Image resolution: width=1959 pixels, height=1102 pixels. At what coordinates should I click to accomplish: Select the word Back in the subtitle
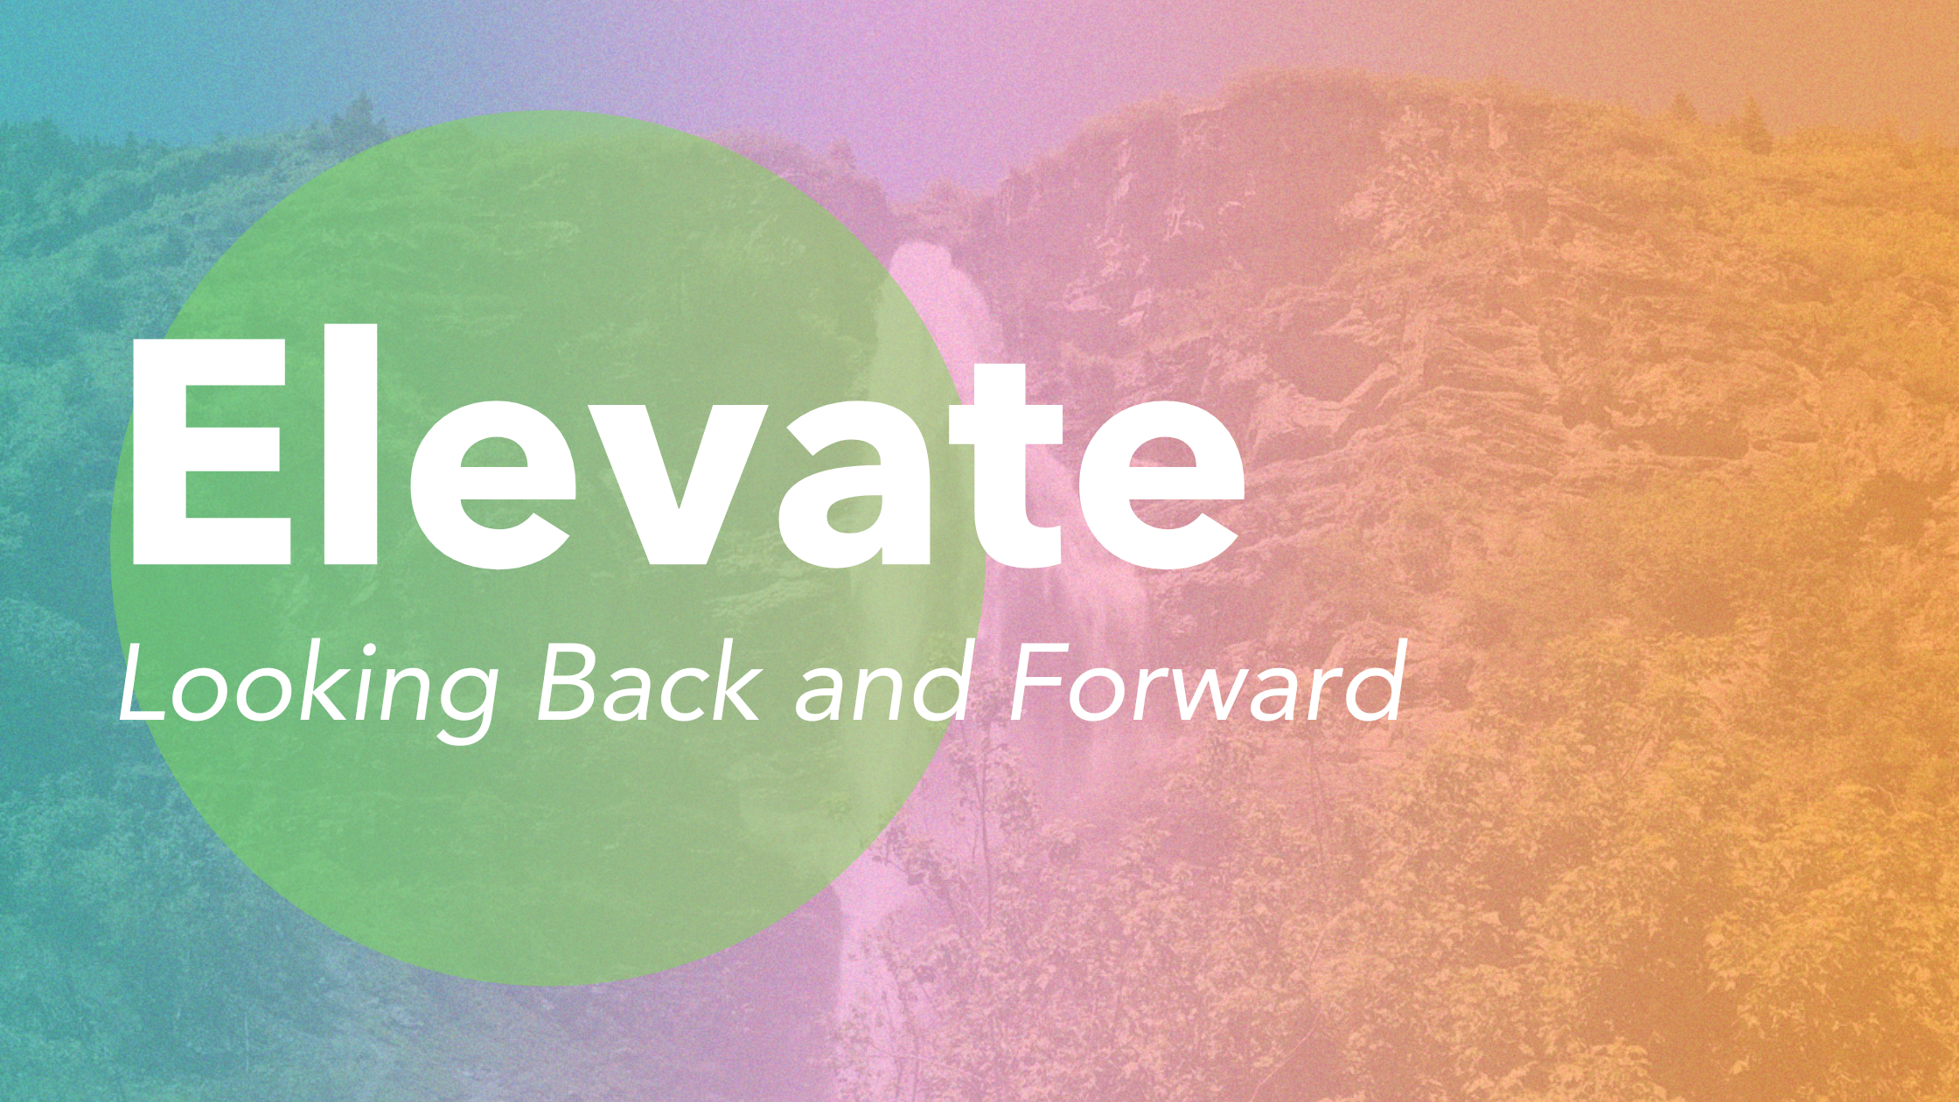(648, 682)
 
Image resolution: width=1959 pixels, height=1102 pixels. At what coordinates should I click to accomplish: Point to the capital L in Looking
(145, 682)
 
